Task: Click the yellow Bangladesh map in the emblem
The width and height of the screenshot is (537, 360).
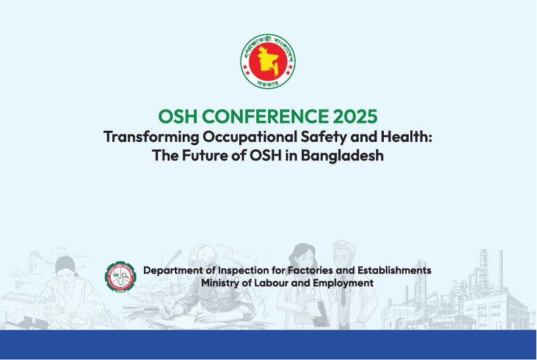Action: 268,62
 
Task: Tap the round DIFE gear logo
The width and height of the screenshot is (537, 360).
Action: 120,277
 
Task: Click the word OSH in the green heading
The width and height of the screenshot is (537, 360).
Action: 177,116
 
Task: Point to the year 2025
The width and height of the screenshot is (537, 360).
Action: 355,116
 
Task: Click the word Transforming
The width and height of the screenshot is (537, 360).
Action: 151,137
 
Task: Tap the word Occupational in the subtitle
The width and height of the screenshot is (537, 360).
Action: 250,137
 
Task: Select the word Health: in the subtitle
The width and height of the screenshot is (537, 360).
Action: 406,137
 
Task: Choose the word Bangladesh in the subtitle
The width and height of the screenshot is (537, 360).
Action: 342,155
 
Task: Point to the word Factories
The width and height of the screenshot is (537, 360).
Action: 310,270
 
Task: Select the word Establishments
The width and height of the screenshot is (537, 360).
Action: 394,270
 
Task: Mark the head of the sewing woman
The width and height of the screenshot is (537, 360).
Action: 65,266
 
